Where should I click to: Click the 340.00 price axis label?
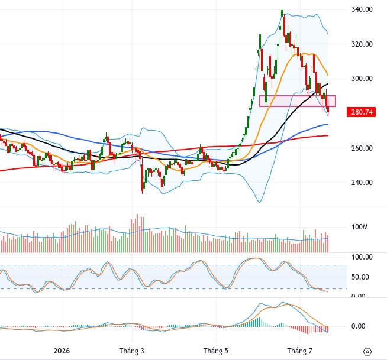click(x=362, y=9)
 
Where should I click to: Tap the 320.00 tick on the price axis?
click(x=362, y=44)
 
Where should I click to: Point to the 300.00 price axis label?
click(x=362, y=79)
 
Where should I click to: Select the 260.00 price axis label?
click(x=362, y=148)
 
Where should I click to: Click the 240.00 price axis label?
click(x=362, y=183)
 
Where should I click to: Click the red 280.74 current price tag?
click(x=362, y=112)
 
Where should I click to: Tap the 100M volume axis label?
click(x=360, y=227)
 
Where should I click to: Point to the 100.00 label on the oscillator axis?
click(x=362, y=257)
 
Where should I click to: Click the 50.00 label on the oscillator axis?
click(x=360, y=277)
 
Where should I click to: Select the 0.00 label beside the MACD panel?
click(x=358, y=326)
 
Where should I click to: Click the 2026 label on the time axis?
click(x=62, y=351)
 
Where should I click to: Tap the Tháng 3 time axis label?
click(x=131, y=351)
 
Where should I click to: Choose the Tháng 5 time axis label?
click(x=216, y=351)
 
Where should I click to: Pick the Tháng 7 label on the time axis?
click(x=300, y=351)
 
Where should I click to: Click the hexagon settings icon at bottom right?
click(x=367, y=351)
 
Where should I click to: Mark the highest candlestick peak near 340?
click(x=282, y=10)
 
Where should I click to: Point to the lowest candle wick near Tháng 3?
click(x=143, y=193)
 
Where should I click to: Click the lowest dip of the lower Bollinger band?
click(x=259, y=203)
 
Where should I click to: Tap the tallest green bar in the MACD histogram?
click(x=259, y=322)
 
